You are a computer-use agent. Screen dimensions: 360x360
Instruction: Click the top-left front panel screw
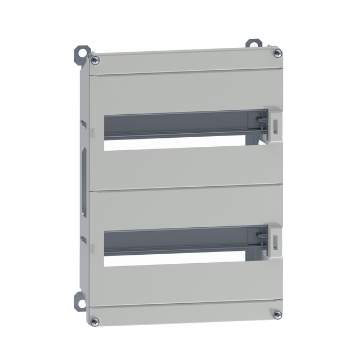click(95, 60)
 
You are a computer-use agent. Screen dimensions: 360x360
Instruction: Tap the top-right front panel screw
click(277, 53)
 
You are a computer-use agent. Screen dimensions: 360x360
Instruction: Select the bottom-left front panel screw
click(94, 321)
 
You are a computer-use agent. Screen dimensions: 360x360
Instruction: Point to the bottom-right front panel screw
click(277, 314)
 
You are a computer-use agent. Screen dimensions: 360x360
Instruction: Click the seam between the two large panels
click(186, 187)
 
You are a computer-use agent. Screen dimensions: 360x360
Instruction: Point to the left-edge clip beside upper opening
click(91, 133)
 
